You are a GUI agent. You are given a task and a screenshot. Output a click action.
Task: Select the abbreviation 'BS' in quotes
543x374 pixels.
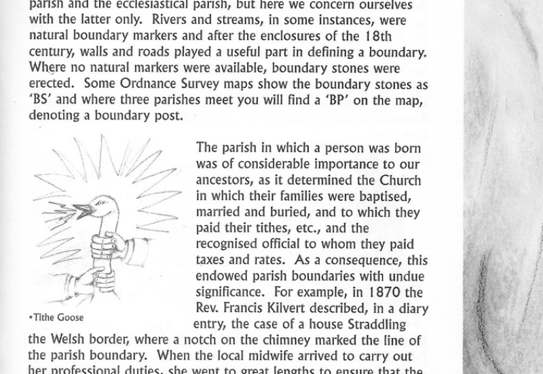41,101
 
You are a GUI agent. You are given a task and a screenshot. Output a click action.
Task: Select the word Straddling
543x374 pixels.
377,324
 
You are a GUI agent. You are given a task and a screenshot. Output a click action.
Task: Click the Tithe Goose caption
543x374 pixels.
56,317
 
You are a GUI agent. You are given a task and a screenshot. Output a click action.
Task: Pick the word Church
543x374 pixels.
398,181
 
